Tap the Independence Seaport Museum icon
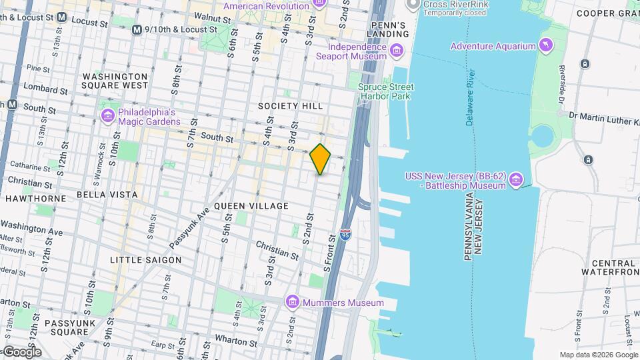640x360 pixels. tap(397, 51)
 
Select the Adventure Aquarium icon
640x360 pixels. tap(547, 45)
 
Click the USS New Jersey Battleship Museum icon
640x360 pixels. tap(515, 180)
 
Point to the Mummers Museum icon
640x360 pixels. tap(292, 303)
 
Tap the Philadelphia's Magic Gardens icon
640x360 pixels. tap(107, 116)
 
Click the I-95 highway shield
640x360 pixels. tap(345, 235)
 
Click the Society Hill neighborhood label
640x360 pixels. tap(291, 106)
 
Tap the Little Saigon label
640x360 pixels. tap(145, 259)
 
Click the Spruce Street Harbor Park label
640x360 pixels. tap(386, 91)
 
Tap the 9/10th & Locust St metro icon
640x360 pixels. tap(137, 29)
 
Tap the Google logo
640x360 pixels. tap(21, 352)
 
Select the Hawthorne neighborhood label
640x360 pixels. tap(35, 199)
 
